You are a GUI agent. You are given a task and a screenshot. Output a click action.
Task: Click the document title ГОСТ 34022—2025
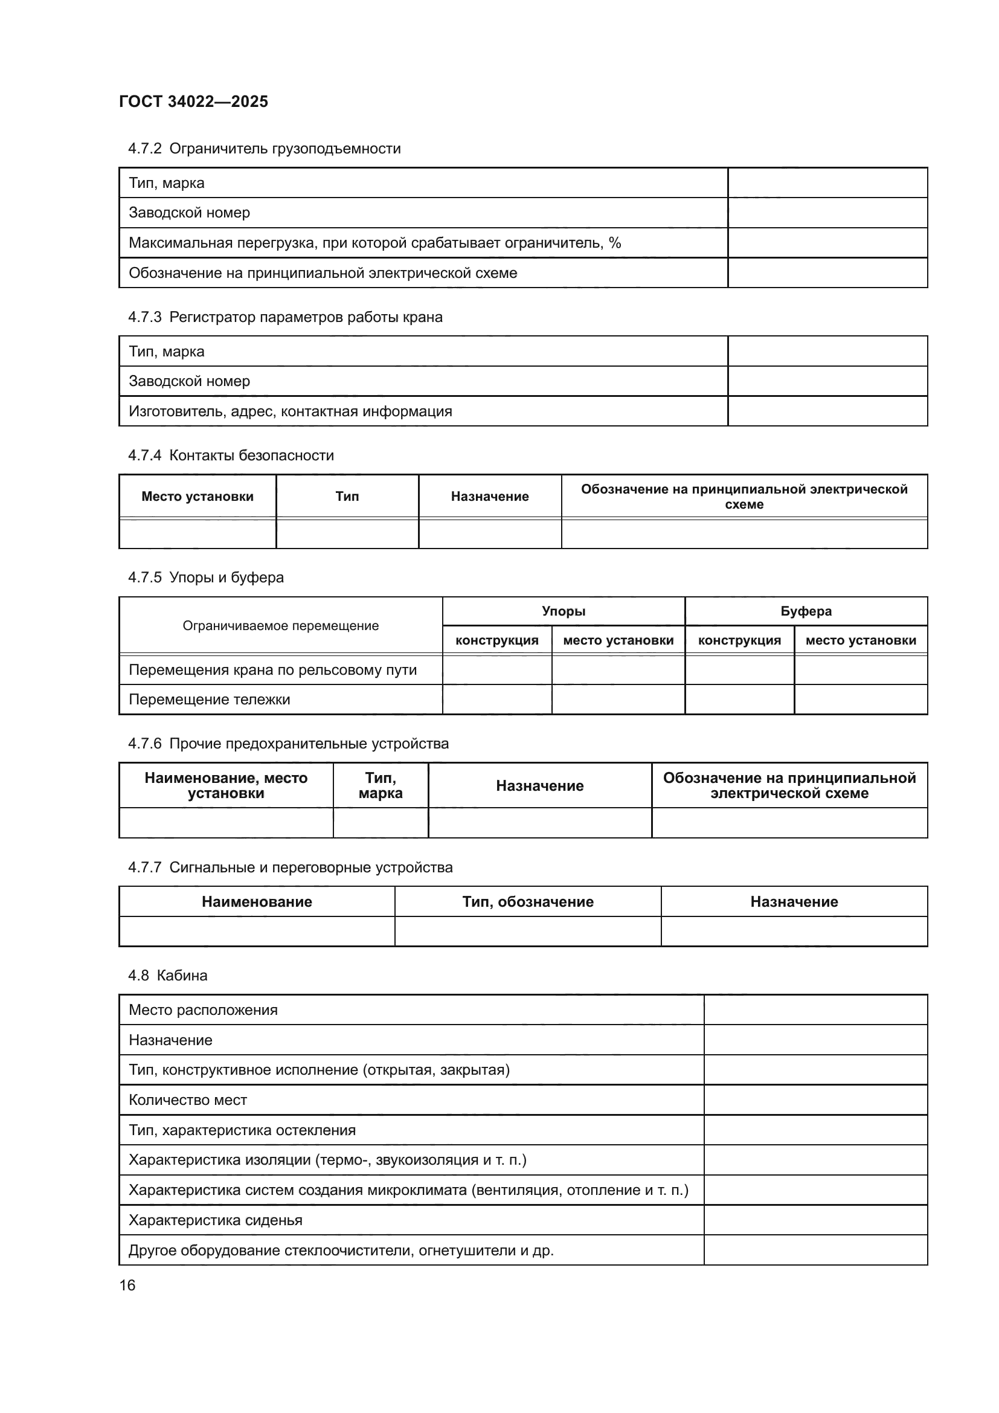point(194,101)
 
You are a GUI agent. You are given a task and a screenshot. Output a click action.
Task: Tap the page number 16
point(127,1285)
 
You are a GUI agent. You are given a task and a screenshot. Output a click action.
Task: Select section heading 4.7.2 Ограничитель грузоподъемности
point(264,149)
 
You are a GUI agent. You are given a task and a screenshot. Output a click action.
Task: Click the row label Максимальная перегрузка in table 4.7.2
point(374,242)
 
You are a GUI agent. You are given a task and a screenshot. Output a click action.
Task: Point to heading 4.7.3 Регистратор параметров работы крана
point(285,317)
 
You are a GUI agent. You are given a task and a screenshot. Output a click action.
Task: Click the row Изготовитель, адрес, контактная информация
point(290,411)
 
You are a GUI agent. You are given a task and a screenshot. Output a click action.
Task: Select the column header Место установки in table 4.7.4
point(198,496)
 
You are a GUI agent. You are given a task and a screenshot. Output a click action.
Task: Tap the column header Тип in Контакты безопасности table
point(347,496)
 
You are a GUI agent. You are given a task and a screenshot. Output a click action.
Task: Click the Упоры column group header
point(563,611)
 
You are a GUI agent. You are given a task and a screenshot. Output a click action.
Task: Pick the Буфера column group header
point(805,611)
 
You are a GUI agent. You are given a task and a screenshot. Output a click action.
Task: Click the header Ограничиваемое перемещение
point(280,626)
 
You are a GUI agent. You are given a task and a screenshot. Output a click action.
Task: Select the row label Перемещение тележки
point(209,699)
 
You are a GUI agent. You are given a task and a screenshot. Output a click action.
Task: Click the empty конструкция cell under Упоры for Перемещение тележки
point(496,699)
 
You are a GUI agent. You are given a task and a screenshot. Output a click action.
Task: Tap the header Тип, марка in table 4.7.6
point(380,785)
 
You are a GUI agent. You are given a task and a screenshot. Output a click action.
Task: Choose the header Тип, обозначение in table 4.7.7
point(527,901)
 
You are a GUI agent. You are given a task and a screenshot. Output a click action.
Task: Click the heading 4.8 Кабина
point(167,976)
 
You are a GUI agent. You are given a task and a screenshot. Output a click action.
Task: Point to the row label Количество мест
point(188,1099)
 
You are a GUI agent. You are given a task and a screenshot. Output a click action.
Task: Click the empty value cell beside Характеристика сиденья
point(815,1220)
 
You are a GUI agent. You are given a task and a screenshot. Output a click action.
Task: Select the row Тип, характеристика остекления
point(242,1130)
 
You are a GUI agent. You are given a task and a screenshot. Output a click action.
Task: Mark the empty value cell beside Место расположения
point(815,1010)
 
